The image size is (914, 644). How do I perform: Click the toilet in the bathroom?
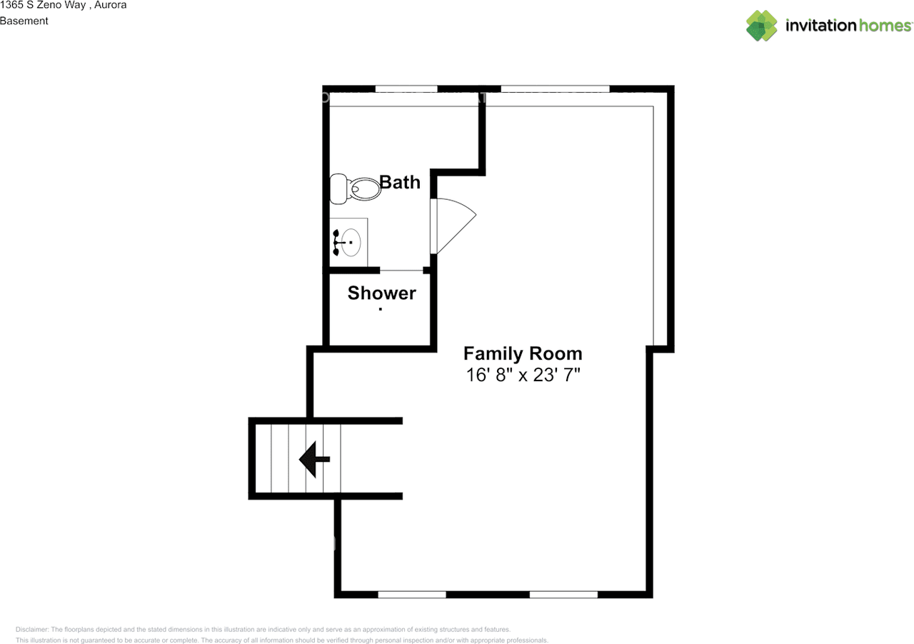point(357,188)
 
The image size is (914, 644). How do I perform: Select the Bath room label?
point(400,182)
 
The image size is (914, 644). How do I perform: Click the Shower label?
point(382,293)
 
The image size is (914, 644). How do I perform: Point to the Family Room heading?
point(523,353)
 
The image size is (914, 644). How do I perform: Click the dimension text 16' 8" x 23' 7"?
point(523,375)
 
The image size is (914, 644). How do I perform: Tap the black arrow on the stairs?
point(313,459)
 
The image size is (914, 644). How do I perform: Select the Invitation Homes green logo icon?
point(762,26)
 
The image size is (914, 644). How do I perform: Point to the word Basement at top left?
point(24,21)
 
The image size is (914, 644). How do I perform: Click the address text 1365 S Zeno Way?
point(43,5)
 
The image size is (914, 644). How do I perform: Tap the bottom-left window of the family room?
point(412,594)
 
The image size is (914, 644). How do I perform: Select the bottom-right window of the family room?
point(563,594)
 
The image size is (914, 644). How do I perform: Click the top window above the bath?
point(406,89)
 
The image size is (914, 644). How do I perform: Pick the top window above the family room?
point(556,89)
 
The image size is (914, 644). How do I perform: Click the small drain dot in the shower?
point(381,309)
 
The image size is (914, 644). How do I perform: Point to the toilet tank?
point(338,188)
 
